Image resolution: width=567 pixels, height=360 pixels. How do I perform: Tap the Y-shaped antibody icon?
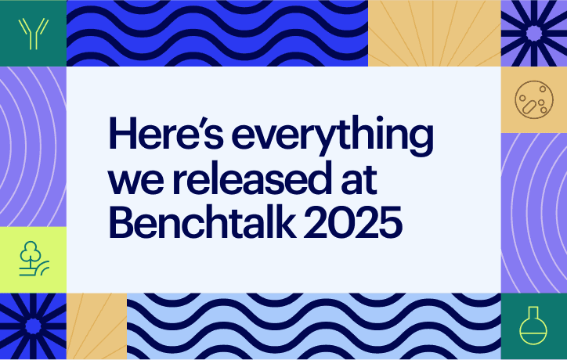(x=33, y=32)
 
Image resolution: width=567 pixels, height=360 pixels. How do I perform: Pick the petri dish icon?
(x=533, y=99)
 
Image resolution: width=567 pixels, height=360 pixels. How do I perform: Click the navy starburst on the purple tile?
(x=533, y=32)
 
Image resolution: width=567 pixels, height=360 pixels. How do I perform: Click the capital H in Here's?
(x=122, y=135)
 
